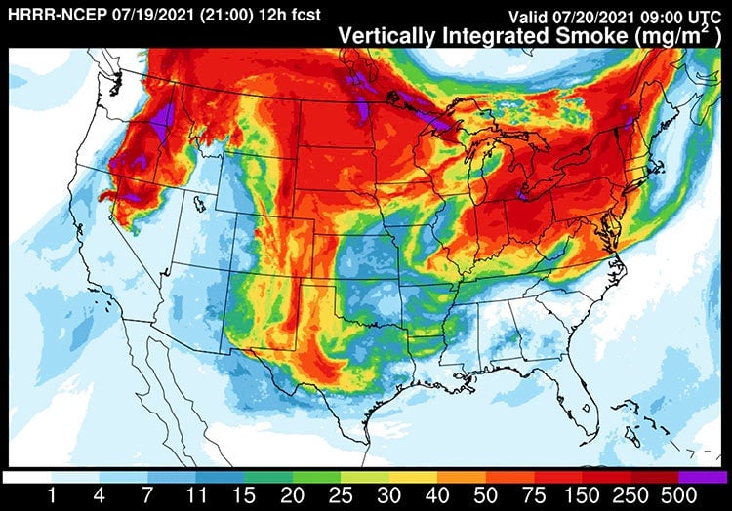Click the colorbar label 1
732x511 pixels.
pos(51,494)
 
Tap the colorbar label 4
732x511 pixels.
pos(101,494)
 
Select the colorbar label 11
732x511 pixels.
pos(198,494)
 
